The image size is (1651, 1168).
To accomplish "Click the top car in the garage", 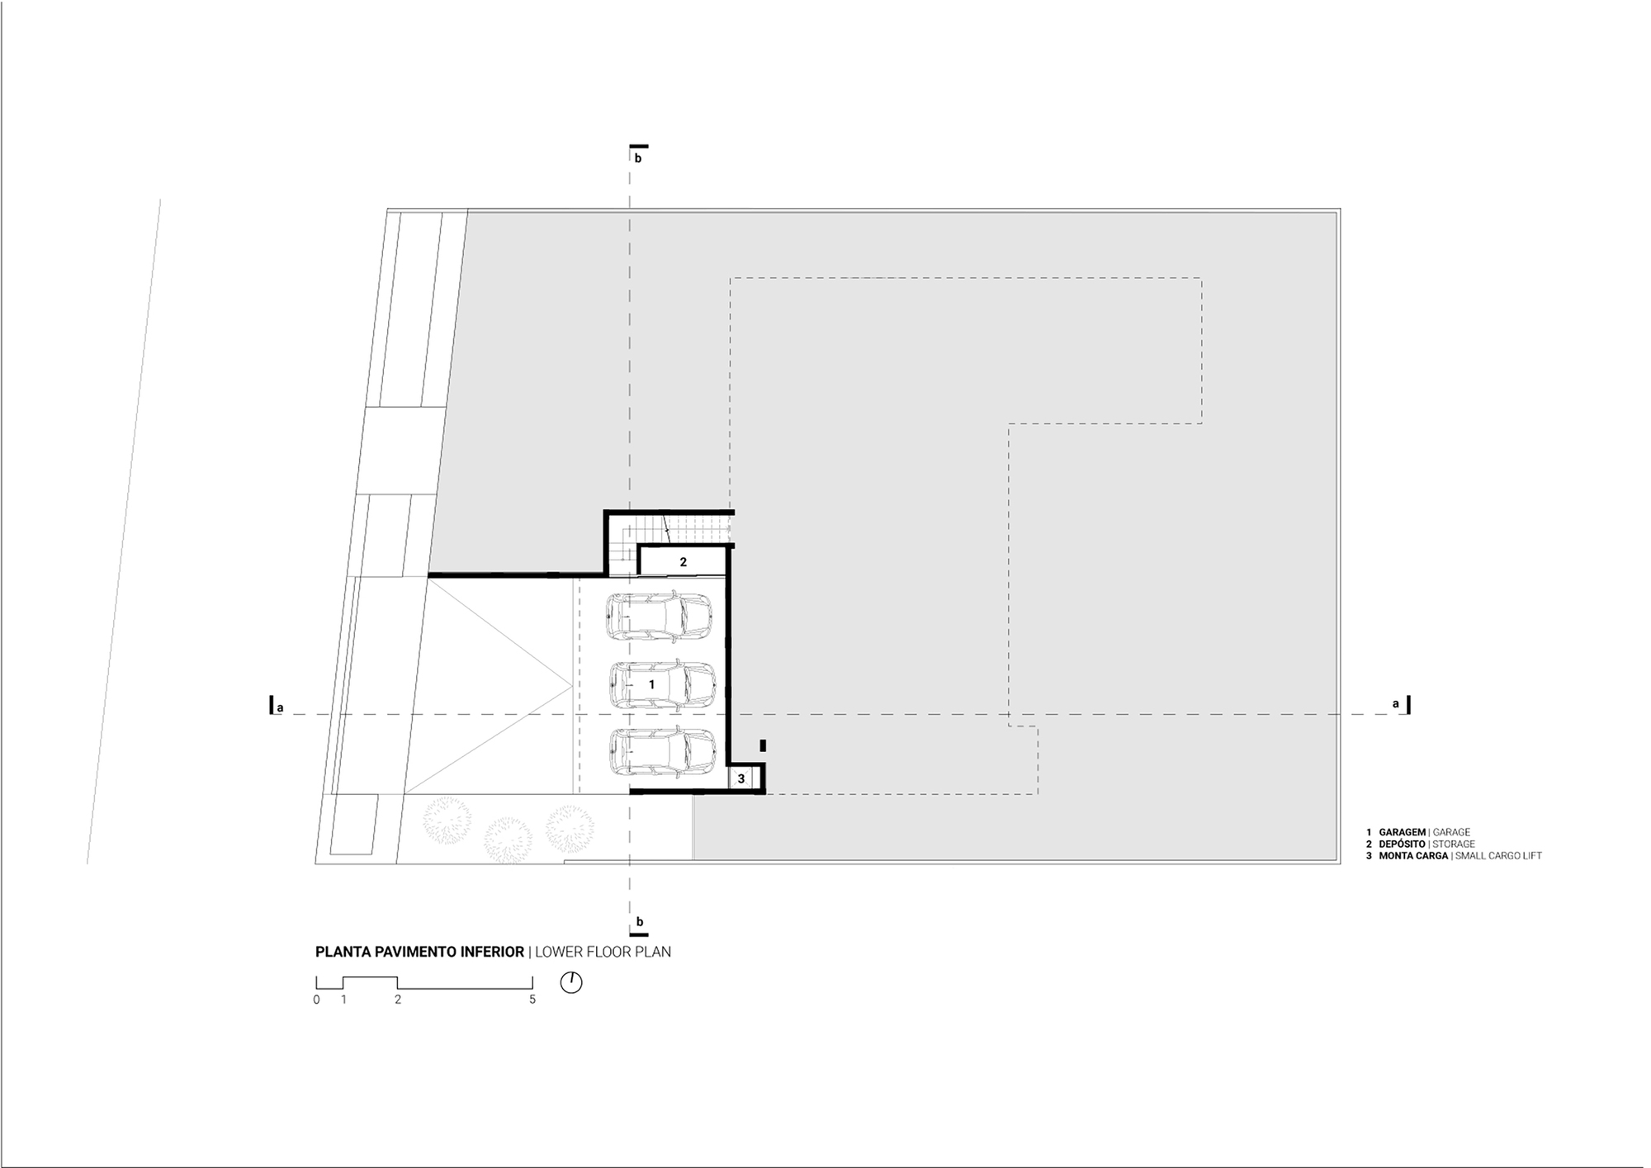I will pos(659,617).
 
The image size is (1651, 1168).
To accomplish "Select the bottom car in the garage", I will pos(662,752).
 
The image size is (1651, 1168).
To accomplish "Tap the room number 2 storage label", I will pos(684,562).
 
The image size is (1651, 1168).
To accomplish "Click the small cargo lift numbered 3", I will pos(741,778).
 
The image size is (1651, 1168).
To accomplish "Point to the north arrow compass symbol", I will pos(571,982).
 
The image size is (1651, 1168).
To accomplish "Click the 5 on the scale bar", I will pos(532,1000).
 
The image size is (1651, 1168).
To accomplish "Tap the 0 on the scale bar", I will pos(316,1000).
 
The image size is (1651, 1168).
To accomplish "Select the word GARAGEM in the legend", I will pos(1402,832).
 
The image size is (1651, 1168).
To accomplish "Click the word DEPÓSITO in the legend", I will pos(1402,844).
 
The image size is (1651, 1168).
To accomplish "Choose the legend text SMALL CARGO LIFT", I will pos(1498,856).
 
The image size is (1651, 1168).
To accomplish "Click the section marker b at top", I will pos(637,158).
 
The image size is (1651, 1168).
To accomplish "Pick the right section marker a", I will pos(1396,704).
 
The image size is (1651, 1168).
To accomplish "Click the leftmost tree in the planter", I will pos(447,818).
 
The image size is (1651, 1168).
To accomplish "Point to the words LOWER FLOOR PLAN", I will pos(603,952).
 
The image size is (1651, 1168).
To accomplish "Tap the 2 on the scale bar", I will pos(398,1000).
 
